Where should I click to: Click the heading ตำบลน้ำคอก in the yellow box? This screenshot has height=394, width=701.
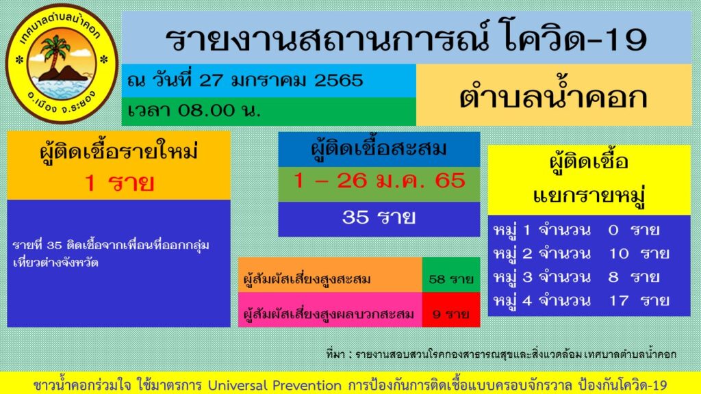click(x=552, y=96)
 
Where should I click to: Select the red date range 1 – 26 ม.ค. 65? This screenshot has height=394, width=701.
click(x=379, y=181)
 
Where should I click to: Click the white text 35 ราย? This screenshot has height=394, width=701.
click(x=379, y=218)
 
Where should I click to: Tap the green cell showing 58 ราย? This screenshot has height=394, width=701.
click(x=450, y=279)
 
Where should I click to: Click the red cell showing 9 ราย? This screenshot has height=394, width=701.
click(x=450, y=315)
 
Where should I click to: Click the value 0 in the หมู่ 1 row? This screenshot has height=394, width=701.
click(x=613, y=229)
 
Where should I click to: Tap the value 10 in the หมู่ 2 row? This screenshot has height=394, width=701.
click(x=618, y=253)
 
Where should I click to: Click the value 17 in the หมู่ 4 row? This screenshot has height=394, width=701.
click(x=618, y=300)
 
